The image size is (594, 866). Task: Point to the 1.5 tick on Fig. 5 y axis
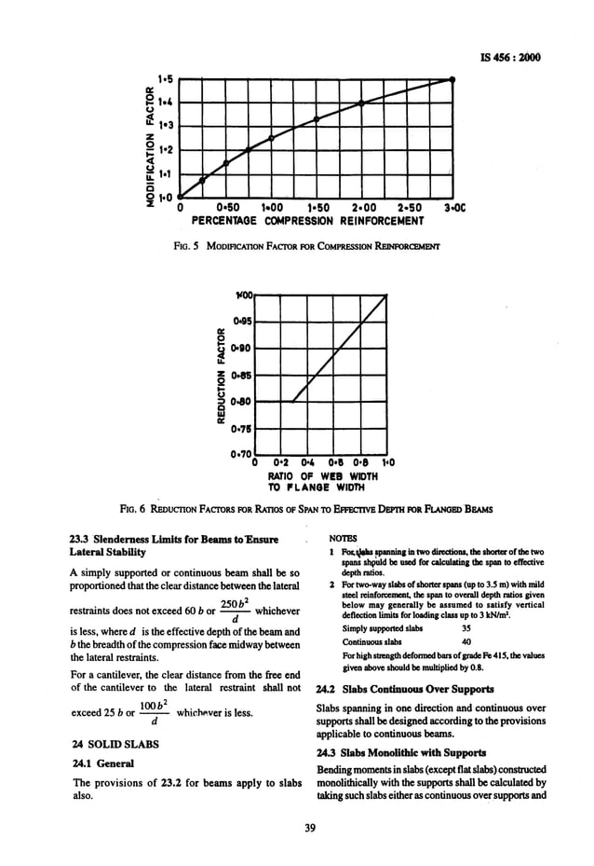(x=166, y=81)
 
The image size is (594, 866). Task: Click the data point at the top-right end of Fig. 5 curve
(x=452, y=80)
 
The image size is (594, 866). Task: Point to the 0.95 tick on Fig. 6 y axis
(x=242, y=320)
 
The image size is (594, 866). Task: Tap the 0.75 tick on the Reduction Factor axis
(x=242, y=429)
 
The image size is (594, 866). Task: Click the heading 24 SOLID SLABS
(x=107, y=746)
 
